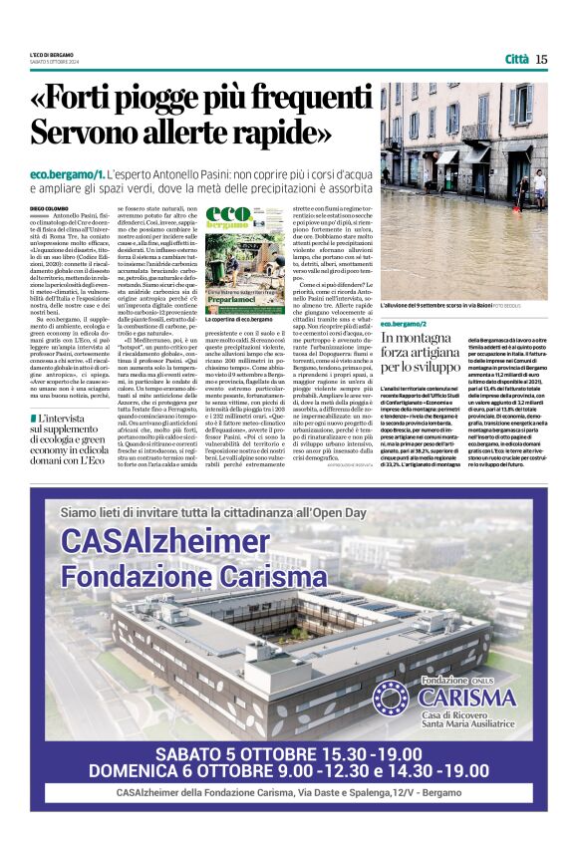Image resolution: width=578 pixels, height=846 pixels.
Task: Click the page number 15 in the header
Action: (541, 59)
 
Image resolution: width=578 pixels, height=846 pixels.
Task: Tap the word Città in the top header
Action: (516, 59)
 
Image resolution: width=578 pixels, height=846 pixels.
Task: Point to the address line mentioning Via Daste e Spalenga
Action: (289, 793)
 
